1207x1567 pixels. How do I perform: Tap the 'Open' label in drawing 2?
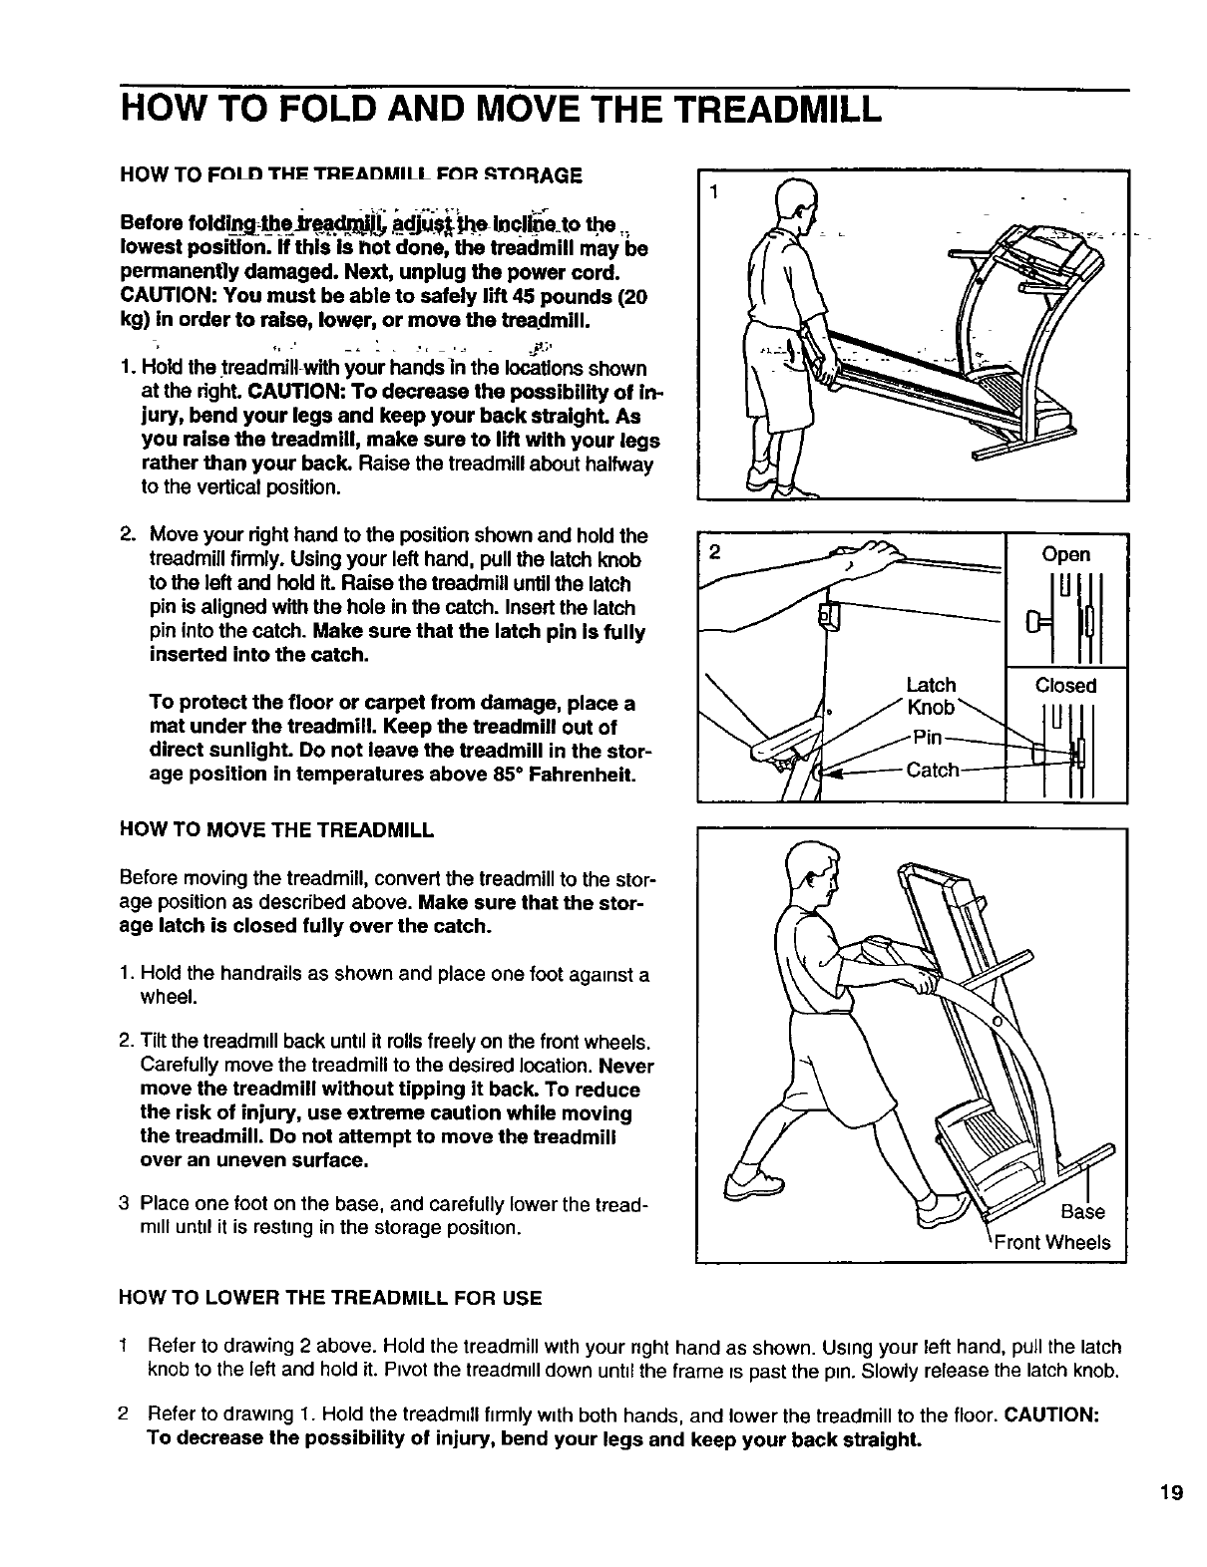[x=1066, y=554]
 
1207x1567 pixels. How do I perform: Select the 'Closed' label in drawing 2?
[x=1065, y=685]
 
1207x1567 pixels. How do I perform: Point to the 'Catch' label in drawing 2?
[x=932, y=770]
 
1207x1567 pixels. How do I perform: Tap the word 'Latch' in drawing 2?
[x=931, y=685]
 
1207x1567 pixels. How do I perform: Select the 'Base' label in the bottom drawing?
[x=1082, y=1212]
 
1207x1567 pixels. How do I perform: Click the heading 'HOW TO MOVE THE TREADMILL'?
[x=276, y=829]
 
